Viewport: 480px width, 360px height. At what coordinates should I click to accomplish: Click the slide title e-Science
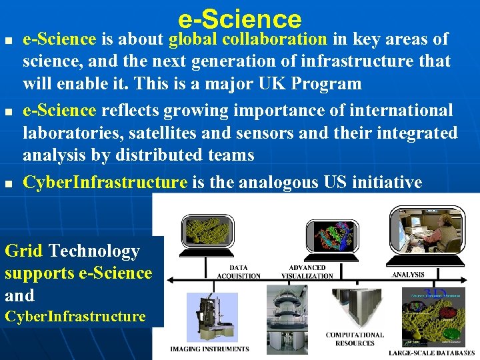point(240,18)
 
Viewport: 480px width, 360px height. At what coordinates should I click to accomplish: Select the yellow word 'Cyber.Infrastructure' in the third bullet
point(105,182)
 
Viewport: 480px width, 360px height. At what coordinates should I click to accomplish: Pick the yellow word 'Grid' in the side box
point(23,251)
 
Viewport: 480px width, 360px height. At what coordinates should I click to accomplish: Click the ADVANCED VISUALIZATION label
point(307,271)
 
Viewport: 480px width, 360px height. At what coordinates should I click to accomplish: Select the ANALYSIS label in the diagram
point(408,274)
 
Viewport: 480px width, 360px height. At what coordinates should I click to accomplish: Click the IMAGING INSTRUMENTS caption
point(209,349)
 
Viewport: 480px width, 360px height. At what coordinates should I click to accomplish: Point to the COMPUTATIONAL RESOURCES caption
point(355,339)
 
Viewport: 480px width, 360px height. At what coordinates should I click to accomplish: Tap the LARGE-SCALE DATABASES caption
point(432,352)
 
